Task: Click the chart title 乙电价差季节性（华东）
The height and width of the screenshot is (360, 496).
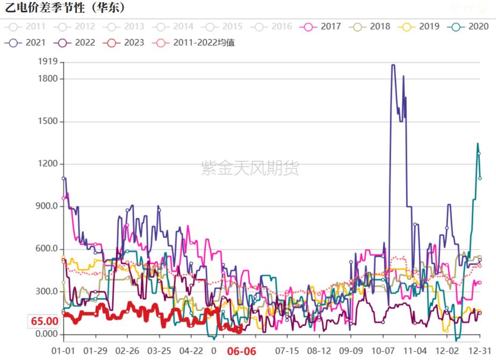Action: coord(65,8)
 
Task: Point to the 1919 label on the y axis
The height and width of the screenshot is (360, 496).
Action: coord(47,62)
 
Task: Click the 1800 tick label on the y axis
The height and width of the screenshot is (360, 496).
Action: coord(47,79)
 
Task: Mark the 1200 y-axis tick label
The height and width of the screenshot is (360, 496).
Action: coord(47,164)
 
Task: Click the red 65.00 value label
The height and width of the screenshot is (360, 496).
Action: coord(44,321)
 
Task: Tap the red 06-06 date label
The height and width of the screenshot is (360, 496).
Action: coord(240,351)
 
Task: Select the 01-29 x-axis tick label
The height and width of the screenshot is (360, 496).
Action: coord(96,351)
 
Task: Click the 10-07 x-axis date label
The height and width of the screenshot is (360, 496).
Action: coord(383,351)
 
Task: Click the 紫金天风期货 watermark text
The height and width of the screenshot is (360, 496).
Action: coord(250,168)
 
